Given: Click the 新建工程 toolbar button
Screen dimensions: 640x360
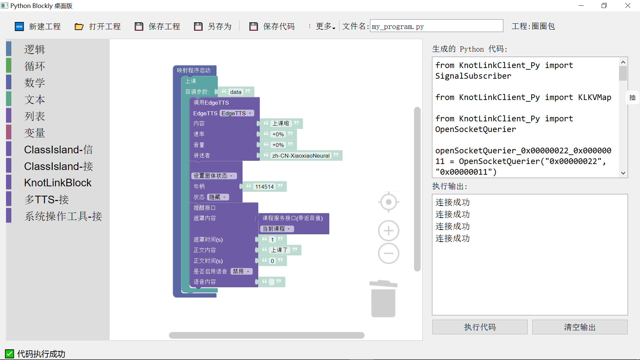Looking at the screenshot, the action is pos(38,26).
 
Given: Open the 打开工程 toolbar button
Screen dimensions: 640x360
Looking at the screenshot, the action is pos(98,26).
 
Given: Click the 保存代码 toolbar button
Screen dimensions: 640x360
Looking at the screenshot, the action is pos(272,26).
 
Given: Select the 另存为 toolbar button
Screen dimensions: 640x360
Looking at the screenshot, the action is pos(213,26).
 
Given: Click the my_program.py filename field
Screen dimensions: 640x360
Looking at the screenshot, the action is pos(436,26).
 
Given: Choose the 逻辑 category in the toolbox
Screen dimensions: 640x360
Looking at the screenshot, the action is pos(35,49).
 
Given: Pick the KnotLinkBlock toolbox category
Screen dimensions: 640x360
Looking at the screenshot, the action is pos(58,183).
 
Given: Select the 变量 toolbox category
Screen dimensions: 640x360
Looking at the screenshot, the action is pos(35,133).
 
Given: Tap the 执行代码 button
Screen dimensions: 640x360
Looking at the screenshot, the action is pos(480,327).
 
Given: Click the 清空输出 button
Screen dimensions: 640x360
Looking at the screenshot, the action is pos(580,327).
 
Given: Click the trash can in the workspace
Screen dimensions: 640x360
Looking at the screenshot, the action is pos(383,299).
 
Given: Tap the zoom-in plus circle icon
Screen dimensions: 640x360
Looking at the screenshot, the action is pos(389,231).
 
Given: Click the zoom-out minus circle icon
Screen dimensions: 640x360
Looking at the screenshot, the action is pos(389,253).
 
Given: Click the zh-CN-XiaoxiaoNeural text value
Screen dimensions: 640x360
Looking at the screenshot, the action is pos(301,156).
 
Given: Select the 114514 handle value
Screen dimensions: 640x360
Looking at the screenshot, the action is pos(264,187).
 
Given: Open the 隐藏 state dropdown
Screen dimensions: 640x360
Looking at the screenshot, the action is pos(218,197).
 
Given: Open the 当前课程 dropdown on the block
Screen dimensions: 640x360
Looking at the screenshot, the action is pos(277,229).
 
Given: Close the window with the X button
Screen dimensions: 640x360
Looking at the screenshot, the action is pos(628,6).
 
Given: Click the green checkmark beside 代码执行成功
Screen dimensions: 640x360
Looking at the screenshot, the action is pos(9,354).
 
